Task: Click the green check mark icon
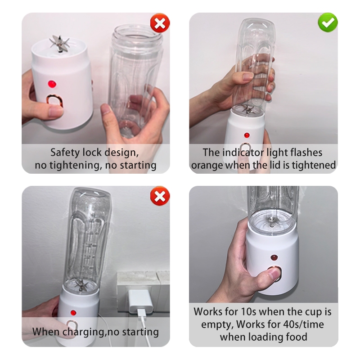(328, 22)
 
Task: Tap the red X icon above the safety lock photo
(160, 23)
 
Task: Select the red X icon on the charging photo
(160, 196)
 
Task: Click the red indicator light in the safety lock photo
(52, 84)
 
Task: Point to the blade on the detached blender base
(59, 43)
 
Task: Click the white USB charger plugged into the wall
(140, 301)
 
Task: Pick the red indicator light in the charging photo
(73, 312)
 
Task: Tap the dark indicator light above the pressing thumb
(274, 257)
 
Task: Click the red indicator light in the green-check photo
(247, 135)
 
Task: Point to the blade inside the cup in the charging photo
(81, 285)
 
